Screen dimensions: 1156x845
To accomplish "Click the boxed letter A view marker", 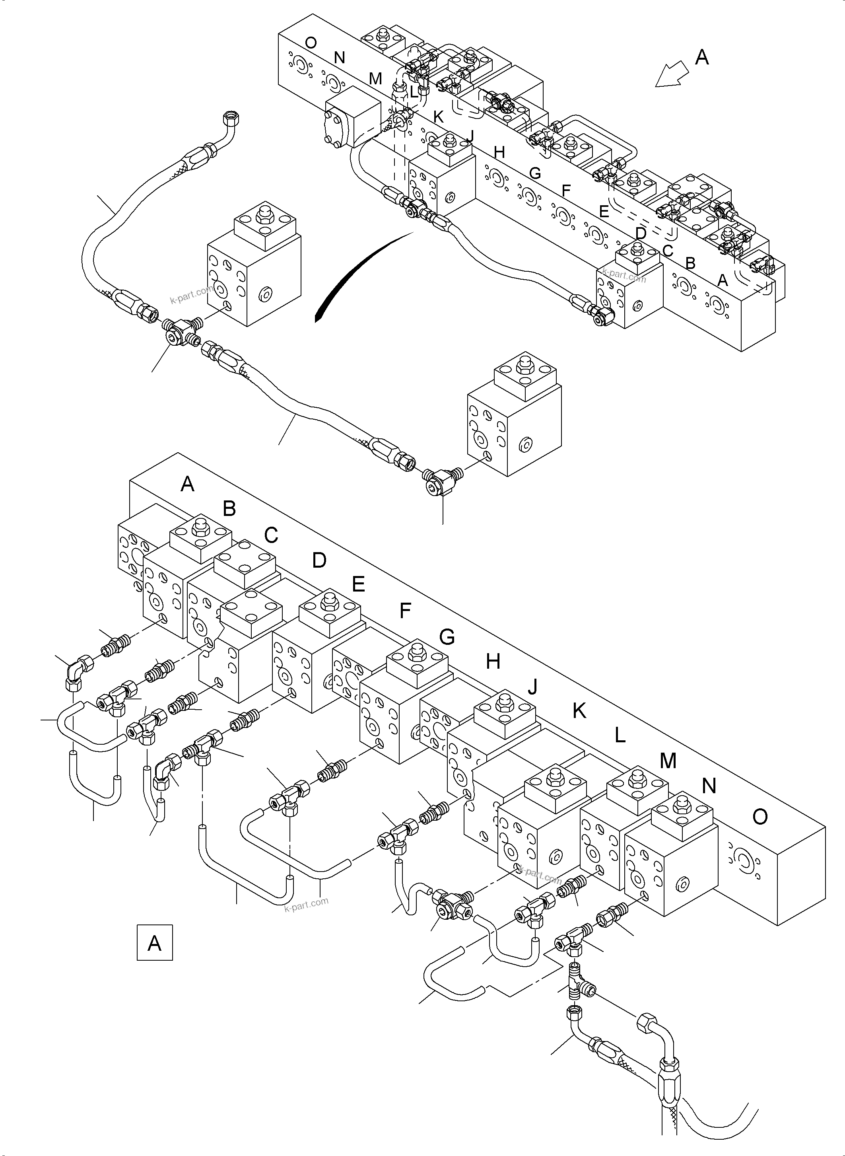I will [154, 942].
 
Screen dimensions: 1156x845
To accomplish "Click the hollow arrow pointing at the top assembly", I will [672, 75].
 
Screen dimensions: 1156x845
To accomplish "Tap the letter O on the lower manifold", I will [760, 817].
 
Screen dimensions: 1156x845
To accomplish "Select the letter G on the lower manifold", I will [447, 637].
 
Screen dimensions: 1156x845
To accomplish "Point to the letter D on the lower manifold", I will [319, 560].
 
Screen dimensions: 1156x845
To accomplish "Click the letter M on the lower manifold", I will [668, 761].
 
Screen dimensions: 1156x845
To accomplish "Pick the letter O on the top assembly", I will [310, 43].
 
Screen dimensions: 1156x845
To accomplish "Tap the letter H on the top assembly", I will [499, 152].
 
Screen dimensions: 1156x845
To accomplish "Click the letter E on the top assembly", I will [604, 211].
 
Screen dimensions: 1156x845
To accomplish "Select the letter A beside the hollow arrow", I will [702, 57].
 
